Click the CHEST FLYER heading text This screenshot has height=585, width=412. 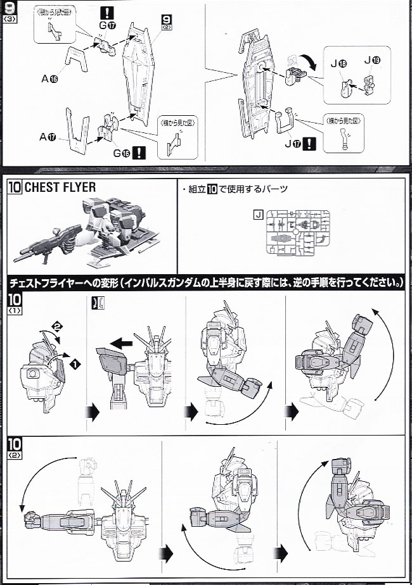61,187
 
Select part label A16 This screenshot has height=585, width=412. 49,79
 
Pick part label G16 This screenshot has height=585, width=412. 120,152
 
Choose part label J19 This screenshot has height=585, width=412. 372,60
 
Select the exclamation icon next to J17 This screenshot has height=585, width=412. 309,144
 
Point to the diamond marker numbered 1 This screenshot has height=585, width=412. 75,365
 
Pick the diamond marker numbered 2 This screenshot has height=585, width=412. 56,327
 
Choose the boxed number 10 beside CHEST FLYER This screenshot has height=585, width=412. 15,187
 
